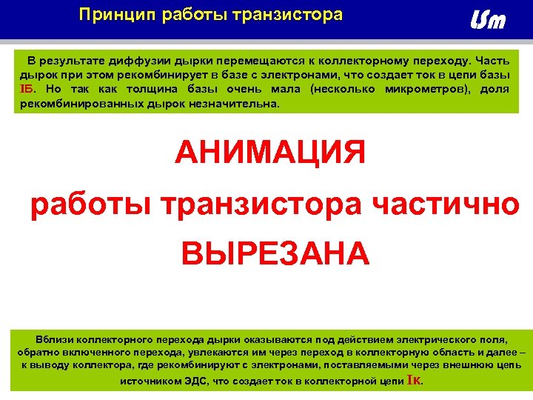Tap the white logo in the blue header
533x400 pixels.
(489, 21)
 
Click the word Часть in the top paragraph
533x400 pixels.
(492, 61)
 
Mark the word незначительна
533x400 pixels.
(235, 104)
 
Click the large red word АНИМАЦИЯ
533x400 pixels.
(270, 154)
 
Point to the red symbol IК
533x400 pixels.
(414, 381)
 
